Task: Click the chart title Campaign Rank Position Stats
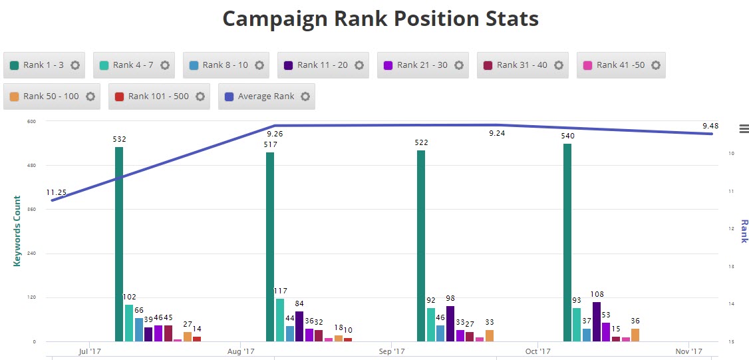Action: point(380,19)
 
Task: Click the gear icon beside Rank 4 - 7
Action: point(165,65)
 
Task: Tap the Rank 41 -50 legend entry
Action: point(621,65)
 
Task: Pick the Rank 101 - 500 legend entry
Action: point(158,96)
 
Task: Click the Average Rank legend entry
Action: point(266,96)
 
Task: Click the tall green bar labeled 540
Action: point(567,242)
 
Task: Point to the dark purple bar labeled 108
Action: point(597,321)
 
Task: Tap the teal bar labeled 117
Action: point(280,319)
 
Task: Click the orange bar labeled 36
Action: point(635,335)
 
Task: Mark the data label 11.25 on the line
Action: point(56,193)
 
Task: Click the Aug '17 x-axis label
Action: point(241,351)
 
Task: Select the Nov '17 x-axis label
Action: point(688,351)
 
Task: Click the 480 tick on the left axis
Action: point(31,165)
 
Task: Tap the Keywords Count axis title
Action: point(17,231)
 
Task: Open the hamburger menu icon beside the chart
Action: point(744,128)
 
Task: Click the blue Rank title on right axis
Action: point(744,231)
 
